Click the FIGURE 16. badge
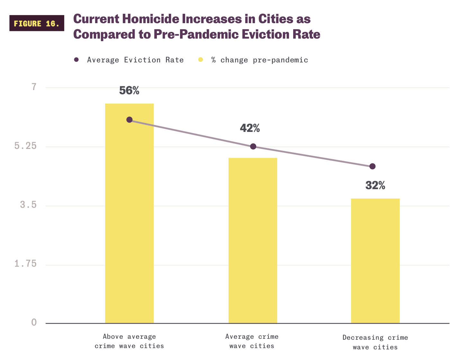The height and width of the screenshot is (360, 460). (x=37, y=23)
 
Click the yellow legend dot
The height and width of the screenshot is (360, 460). (x=201, y=60)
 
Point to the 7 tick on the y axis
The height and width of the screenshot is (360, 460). (x=34, y=87)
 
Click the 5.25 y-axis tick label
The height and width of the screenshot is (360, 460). (x=25, y=146)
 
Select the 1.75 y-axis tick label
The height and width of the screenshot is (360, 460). (x=25, y=264)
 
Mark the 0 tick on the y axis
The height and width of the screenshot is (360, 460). (x=34, y=322)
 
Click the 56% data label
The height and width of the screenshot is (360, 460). (x=129, y=91)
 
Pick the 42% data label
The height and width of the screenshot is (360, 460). (x=250, y=128)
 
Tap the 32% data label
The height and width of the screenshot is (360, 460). (x=375, y=186)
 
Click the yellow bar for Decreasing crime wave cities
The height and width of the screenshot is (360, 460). (x=375, y=261)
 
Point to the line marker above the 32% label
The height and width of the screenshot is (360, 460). (x=372, y=166)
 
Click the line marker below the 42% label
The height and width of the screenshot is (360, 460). (x=253, y=146)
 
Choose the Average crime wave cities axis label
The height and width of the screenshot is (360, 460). (x=252, y=341)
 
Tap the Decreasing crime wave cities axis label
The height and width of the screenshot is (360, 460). (x=375, y=342)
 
